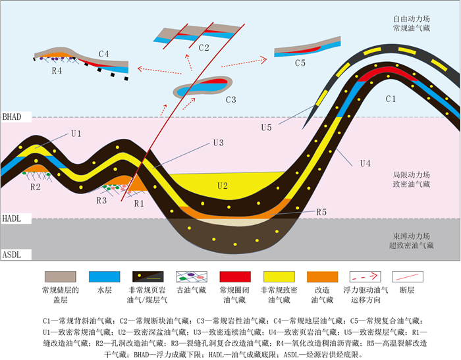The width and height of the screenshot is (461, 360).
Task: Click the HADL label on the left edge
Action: pyautogui.click(x=12, y=217)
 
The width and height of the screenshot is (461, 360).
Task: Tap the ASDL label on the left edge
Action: pyautogui.click(x=12, y=253)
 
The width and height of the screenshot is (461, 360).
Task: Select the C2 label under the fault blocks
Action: pyautogui.click(x=203, y=47)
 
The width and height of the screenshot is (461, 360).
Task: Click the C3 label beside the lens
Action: pyautogui.click(x=230, y=100)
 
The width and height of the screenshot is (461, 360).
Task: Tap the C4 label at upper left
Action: pyautogui.click(x=104, y=53)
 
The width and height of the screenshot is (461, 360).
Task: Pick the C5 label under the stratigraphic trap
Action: pyautogui.click(x=300, y=63)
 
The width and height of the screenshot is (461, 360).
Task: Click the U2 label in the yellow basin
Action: pyautogui.click(x=223, y=186)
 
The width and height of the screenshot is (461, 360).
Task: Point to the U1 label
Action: pyautogui.click(x=76, y=134)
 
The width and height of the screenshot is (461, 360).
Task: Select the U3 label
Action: pyautogui.click(x=217, y=142)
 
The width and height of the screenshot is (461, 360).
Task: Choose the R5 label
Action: pyautogui.click(x=321, y=212)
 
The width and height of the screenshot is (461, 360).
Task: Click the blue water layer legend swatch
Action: pyautogui.click(x=105, y=276)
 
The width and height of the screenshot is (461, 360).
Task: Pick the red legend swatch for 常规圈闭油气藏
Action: pyautogui.click(x=236, y=276)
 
